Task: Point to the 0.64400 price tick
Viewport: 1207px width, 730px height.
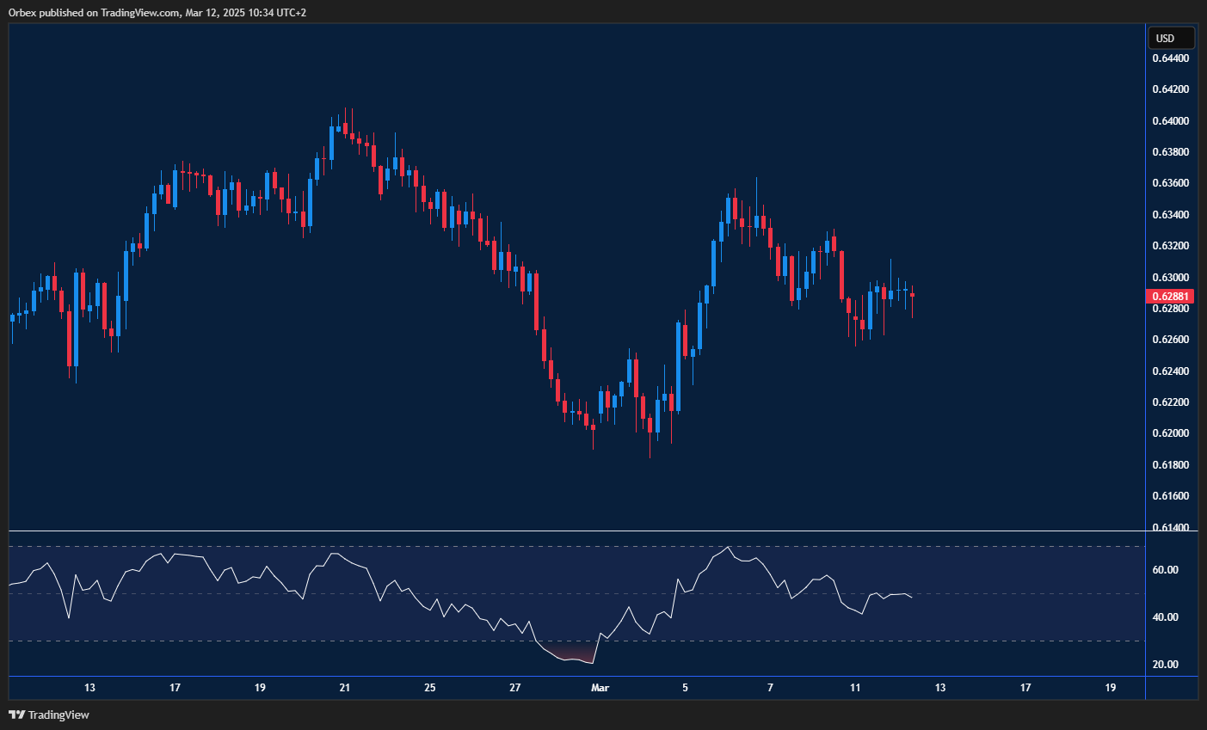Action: [x=1170, y=58]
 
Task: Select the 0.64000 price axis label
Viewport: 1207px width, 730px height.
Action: [x=1170, y=121]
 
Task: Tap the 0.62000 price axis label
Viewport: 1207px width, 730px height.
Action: [x=1170, y=433]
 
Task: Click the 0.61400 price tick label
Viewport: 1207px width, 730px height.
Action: [x=1170, y=527]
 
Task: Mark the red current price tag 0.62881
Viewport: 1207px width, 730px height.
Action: [x=1170, y=296]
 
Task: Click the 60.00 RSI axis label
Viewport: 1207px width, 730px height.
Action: [x=1165, y=570]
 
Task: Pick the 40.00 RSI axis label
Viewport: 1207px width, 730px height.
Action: [x=1165, y=617]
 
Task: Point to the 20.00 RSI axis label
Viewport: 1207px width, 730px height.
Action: [x=1165, y=665]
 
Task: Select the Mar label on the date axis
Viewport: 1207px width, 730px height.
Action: [x=600, y=688]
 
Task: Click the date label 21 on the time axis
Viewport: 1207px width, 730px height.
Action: [x=345, y=688]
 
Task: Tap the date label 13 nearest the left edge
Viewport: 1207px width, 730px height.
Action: [x=89, y=688]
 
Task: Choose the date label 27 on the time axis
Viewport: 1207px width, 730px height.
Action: [x=515, y=688]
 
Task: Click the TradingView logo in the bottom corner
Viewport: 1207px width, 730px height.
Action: [x=49, y=715]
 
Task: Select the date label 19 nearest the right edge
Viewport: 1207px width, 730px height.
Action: [x=1111, y=688]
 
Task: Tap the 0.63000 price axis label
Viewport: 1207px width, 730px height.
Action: [x=1170, y=278]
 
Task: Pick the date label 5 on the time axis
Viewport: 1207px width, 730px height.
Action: [x=686, y=688]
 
